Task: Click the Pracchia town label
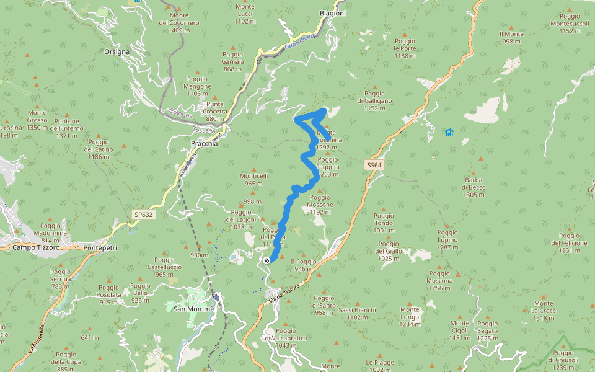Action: pyautogui.click(x=204, y=143)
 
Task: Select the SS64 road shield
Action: pyautogui.click(x=373, y=165)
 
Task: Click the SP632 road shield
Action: pyautogui.click(x=143, y=215)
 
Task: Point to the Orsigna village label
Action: pyautogui.click(x=117, y=51)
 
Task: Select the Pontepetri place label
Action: pyautogui.click(x=100, y=247)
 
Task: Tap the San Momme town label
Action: pyautogui.click(x=193, y=309)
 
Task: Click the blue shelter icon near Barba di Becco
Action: pyautogui.click(x=449, y=132)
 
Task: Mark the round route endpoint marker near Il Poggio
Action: pyautogui.click(x=267, y=260)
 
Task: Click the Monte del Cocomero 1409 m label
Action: pyautogui.click(x=179, y=22)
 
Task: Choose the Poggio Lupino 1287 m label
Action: pyautogui.click(x=447, y=239)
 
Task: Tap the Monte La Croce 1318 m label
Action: pyautogui.click(x=543, y=310)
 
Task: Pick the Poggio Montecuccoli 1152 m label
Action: pyautogui.click(x=569, y=23)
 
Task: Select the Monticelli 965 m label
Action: pyautogui.click(x=254, y=179)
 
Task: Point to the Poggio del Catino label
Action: pyautogui.click(x=99, y=149)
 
